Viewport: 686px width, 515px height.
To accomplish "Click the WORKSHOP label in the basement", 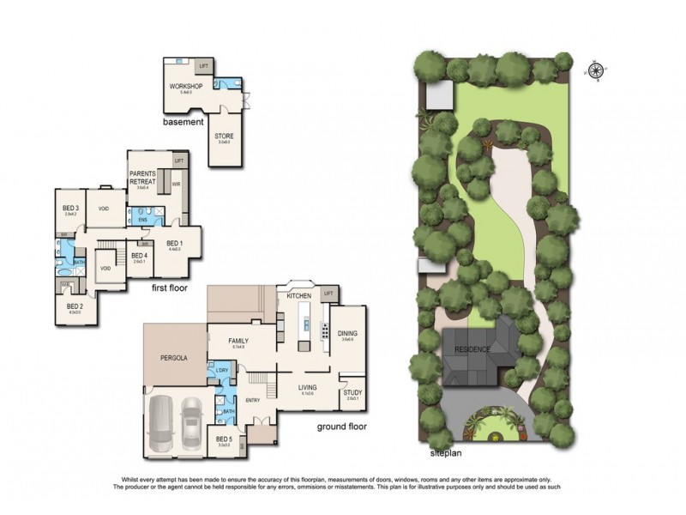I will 184,88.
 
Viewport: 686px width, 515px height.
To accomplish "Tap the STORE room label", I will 224,136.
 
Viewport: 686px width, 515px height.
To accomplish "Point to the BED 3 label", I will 71,208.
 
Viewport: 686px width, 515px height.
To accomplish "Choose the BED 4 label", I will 139,255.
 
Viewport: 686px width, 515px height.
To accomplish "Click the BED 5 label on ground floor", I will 224,439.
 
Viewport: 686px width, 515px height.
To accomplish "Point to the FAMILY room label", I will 238,341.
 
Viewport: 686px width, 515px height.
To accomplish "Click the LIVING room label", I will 308,387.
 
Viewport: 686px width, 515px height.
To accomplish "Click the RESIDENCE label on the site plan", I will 472,349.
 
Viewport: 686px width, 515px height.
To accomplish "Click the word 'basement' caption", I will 183,123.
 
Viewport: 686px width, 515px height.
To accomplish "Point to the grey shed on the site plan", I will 439,96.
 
